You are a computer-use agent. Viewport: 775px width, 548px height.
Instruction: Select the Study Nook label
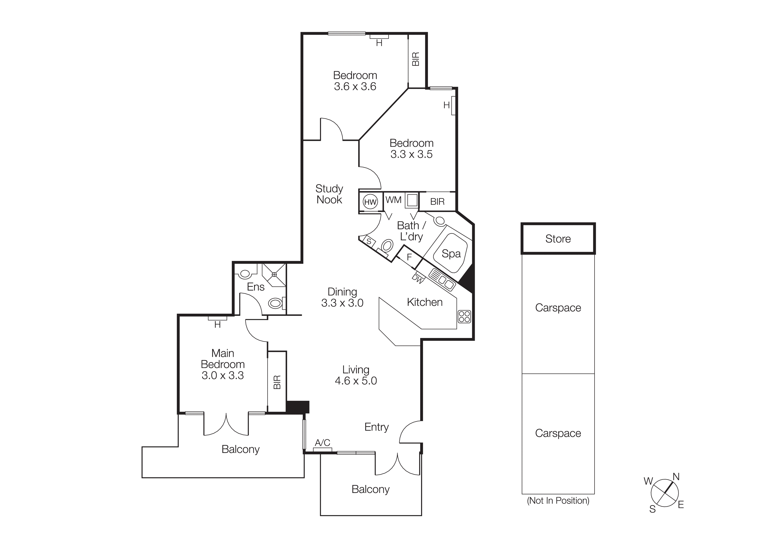pos(329,194)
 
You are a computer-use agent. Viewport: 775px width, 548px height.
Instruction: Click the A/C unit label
pos(322,443)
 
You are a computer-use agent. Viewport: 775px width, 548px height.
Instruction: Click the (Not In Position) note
pos(558,501)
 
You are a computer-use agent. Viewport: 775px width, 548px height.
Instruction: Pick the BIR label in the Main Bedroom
pos(277,382)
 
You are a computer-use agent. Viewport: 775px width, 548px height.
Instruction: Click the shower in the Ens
pos(274,275)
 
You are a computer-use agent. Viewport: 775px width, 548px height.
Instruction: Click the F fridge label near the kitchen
pos(409,257)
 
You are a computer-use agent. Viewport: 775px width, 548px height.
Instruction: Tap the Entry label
pos(376,427)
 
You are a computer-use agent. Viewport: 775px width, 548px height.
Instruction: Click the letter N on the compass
pos(676,477)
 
